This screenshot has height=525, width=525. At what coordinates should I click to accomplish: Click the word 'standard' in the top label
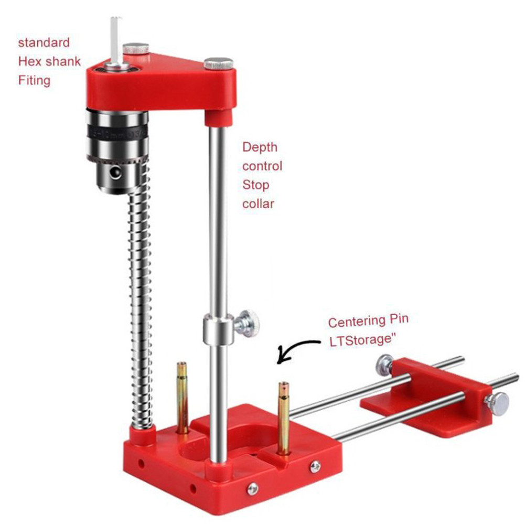[44, 42]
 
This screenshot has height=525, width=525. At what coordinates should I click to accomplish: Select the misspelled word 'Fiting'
[34, 81]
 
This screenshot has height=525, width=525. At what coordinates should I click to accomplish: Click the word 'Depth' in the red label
[260, 147]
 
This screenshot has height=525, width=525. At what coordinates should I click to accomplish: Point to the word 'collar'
[258, 203]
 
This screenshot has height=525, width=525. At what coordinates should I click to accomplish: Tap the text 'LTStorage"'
[362, 340]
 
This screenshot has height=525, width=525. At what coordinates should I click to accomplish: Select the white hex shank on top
[116, 40]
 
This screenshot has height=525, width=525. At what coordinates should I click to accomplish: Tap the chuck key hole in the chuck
[114, 171]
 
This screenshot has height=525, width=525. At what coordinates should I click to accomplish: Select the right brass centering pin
[283, 417]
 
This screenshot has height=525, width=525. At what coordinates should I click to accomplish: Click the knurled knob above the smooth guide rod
[219, 63]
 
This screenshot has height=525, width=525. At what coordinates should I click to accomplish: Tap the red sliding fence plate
[420, 399]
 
